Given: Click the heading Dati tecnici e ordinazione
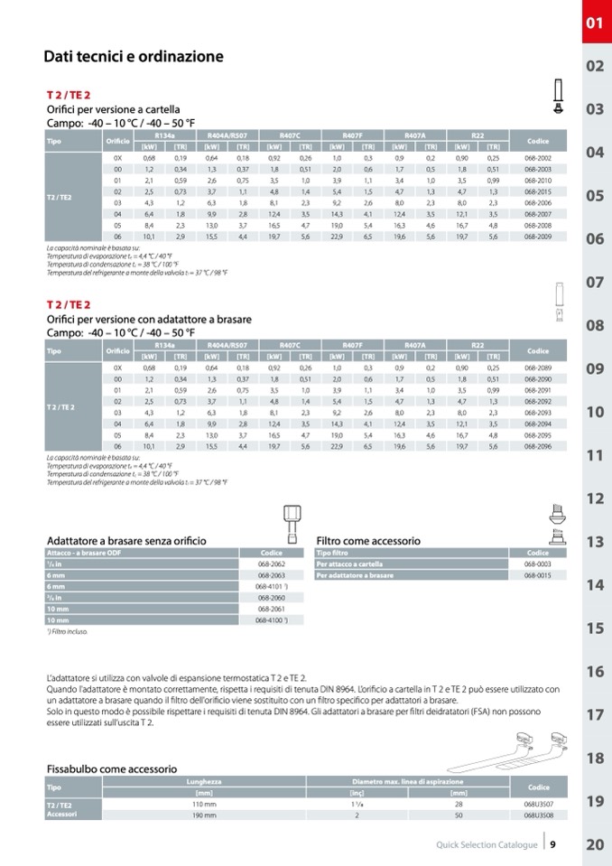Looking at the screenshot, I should [x=134, y=57].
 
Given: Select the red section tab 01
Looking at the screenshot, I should [x=594, y=23].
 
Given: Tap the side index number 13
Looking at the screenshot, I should [x=595, y=542].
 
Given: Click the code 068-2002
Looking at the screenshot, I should [x=538, y=158].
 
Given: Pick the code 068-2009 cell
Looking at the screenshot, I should [x=538, y=236].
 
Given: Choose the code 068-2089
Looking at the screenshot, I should [x=538, y=368].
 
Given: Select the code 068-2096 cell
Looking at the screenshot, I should [x=538, y=446].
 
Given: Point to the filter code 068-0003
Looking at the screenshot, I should [x=538, y=563].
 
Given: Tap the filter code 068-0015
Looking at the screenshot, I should [x=538, y=575].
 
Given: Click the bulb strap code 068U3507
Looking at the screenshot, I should [x=538, y=803].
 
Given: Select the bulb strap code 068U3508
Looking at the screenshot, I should [x=538, y=815].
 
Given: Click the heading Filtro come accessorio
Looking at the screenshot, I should [x=368, y=541].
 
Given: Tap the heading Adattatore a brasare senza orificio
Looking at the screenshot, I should [x=126, y=541].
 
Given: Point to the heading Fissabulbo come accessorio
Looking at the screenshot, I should [x=112, y=768].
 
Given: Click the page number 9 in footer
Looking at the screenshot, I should [x=552, y=845].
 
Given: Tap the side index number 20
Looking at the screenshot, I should [x=595, y=845].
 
